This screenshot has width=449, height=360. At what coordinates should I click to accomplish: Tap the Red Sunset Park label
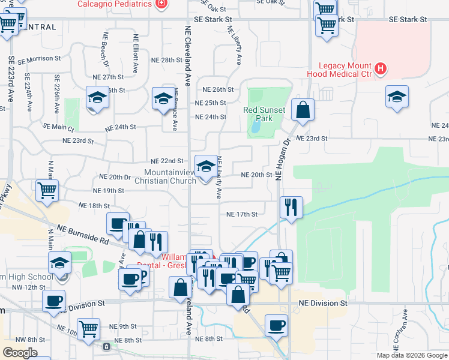tap(258, 114)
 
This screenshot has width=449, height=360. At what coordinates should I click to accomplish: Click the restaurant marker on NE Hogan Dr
tap(291, 208)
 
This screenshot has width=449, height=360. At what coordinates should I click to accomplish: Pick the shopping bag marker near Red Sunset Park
tap(303, 109)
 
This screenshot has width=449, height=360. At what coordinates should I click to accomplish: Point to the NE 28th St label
tap(166, 61)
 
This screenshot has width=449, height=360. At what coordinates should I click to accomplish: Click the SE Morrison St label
tap(40, 60)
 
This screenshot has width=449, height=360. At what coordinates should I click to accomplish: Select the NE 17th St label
tap(241, 214)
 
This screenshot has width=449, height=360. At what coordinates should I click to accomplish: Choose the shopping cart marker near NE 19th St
tap(47, 190)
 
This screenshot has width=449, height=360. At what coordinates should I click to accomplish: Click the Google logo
tap(20, 353)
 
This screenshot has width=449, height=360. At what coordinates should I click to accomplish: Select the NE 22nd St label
tap(167, 161)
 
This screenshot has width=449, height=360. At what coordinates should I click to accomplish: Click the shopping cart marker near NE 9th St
tap(88, 328)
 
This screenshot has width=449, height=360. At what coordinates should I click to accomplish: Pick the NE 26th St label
tap(214, 89)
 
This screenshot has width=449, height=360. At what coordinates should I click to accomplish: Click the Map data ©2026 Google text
tap(412, 355)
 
